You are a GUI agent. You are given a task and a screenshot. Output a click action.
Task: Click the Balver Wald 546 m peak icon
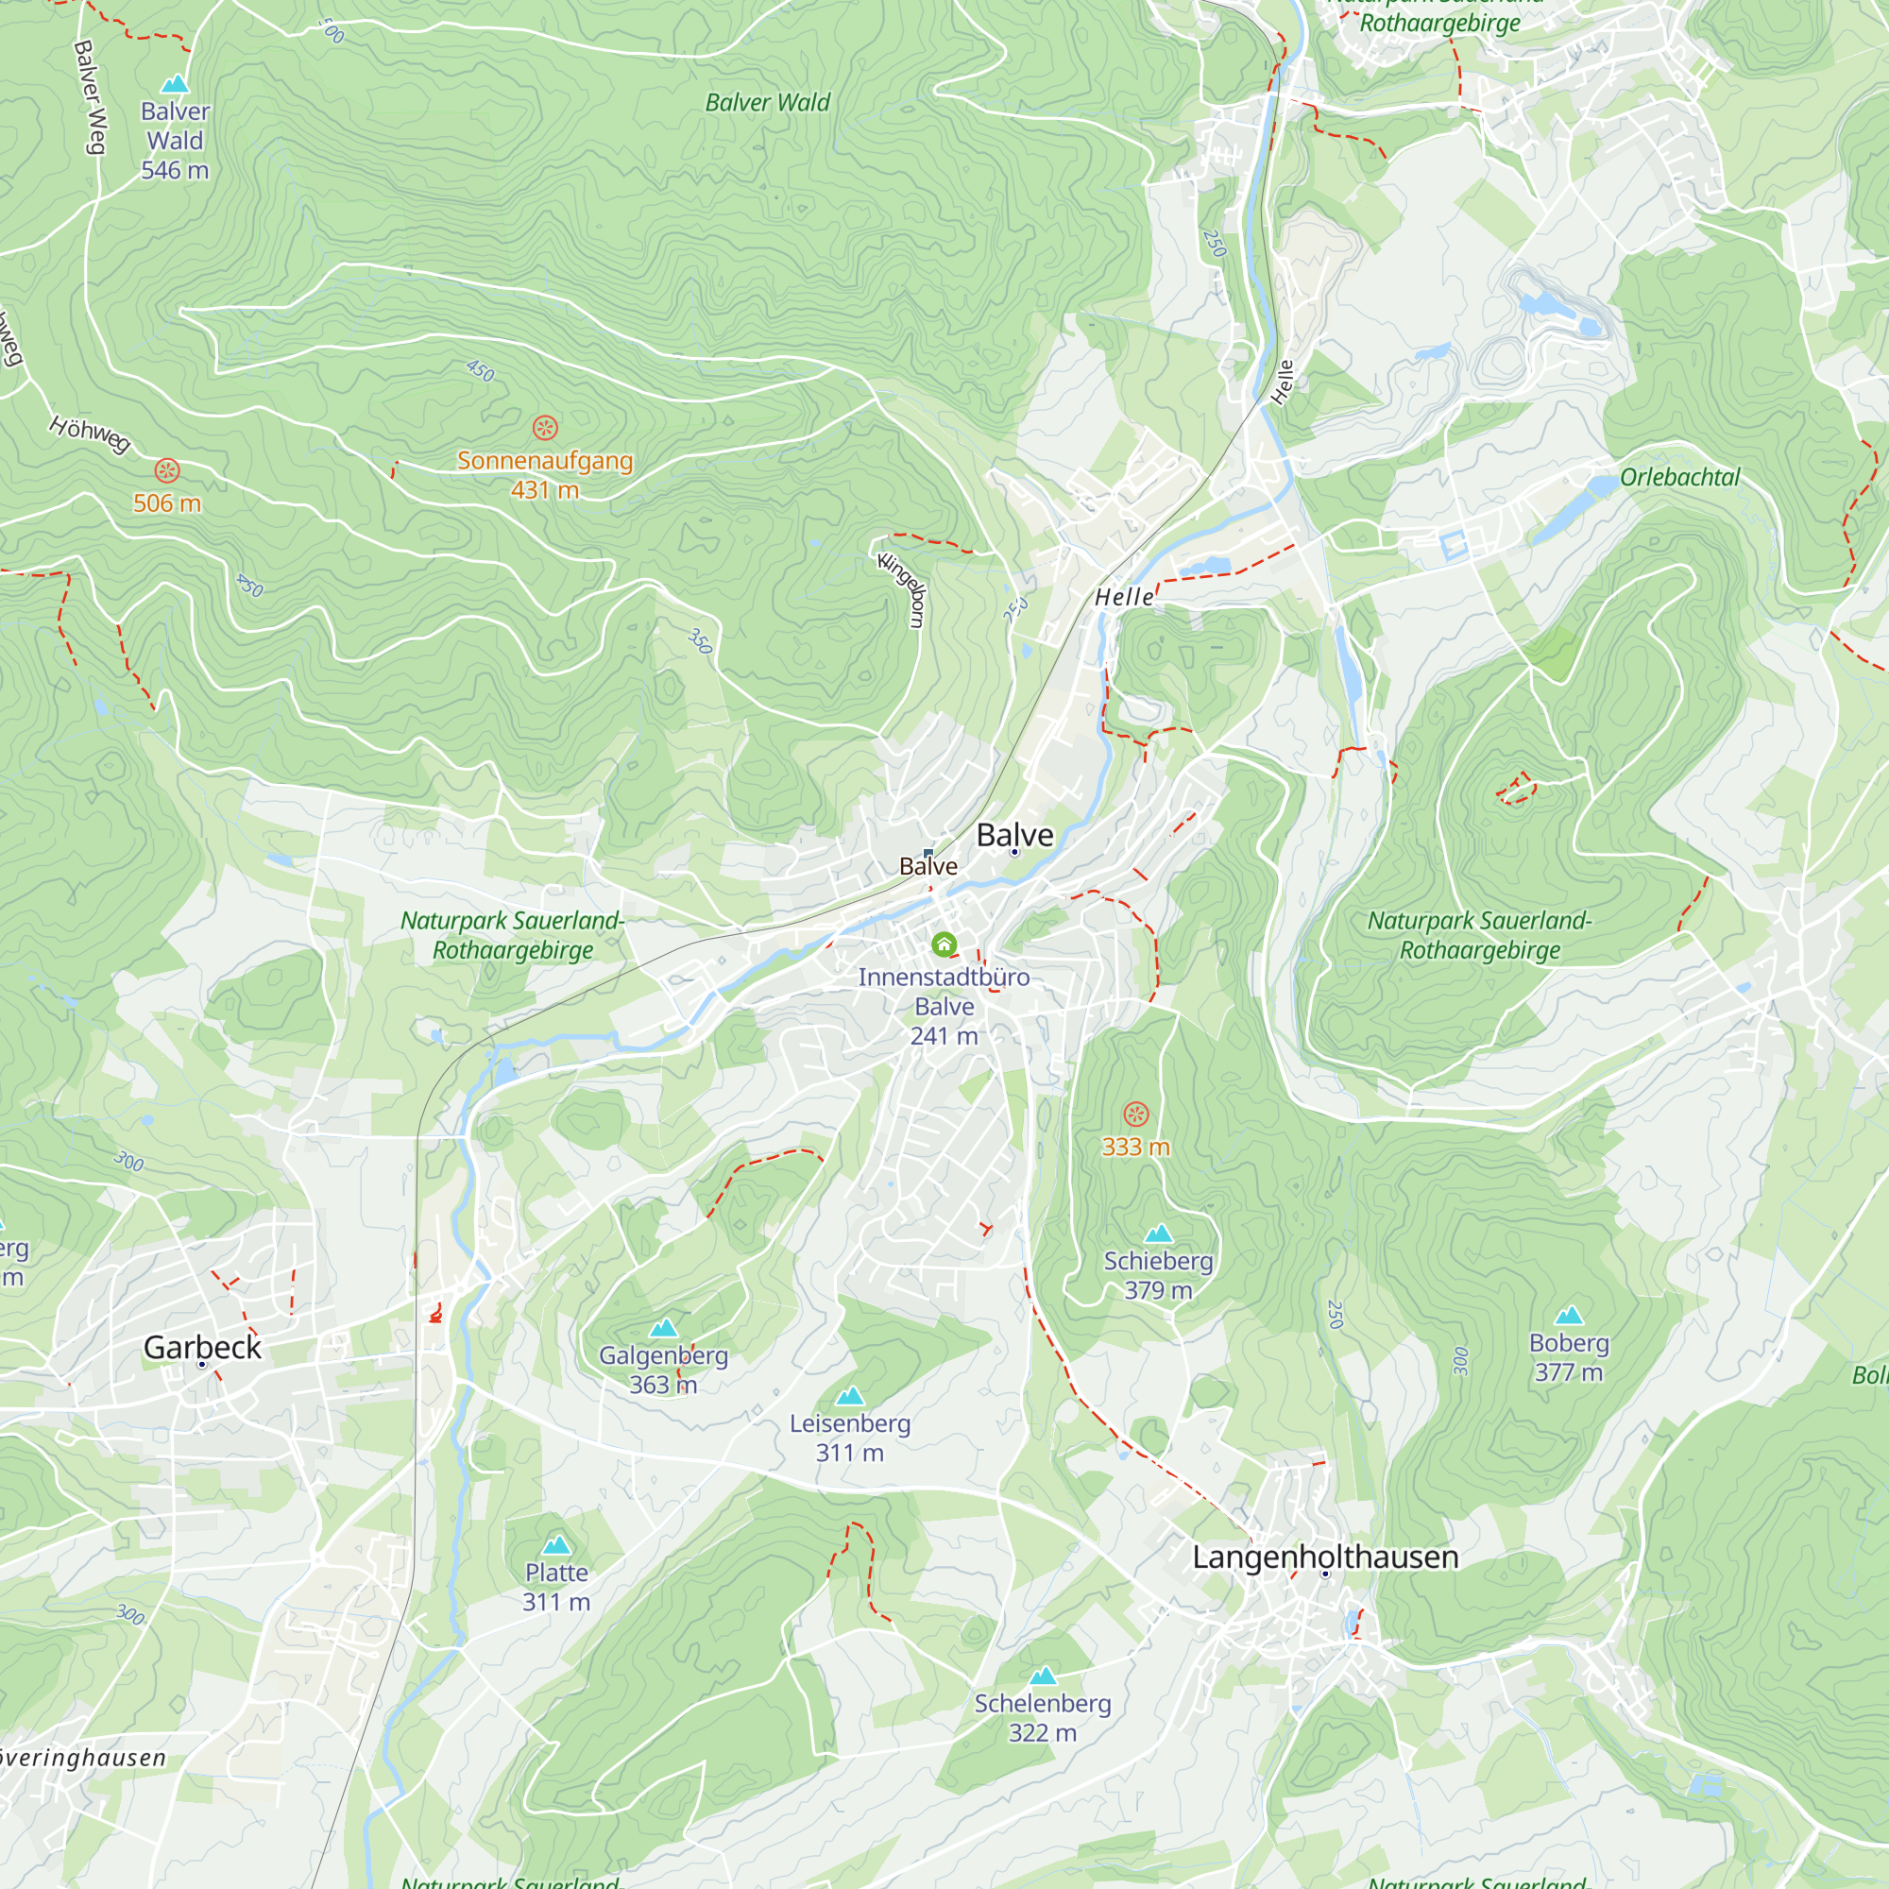pos(175,84)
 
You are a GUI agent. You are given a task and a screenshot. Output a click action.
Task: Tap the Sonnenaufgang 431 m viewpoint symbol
pos(545,427)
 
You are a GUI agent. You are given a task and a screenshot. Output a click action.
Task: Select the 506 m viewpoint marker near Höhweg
pos(167,470)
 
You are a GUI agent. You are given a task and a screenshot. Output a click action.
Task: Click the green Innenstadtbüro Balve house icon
pos(944,944)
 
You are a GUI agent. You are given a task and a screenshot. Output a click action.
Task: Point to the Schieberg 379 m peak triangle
pos(1158,1233)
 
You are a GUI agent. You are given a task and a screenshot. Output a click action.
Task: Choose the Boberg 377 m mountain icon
pos(1568,1315)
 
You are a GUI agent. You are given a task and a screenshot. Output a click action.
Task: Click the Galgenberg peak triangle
pos(664,1328)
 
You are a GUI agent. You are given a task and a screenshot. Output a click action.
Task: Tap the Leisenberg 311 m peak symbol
pos(850,1395)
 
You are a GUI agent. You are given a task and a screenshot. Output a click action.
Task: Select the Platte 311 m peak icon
pos(556,1545)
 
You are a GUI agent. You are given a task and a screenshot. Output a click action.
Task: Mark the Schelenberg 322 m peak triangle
pos(1044,1676)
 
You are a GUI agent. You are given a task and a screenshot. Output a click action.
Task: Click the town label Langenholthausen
pos(1325,1557)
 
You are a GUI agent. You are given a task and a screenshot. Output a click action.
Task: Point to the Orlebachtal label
pos(1679,477)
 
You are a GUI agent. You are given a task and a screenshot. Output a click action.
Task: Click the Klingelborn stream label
pos(902,590)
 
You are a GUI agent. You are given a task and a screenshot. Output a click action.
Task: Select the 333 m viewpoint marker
pos(1135,1114)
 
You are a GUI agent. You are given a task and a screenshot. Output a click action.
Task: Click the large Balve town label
pos(1015,834)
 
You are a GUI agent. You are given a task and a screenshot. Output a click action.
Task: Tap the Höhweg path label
pos(90,434)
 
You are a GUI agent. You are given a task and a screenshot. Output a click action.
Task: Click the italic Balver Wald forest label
pos(768,103)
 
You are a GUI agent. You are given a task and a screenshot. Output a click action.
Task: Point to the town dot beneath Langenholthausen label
pos(1325,1574)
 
